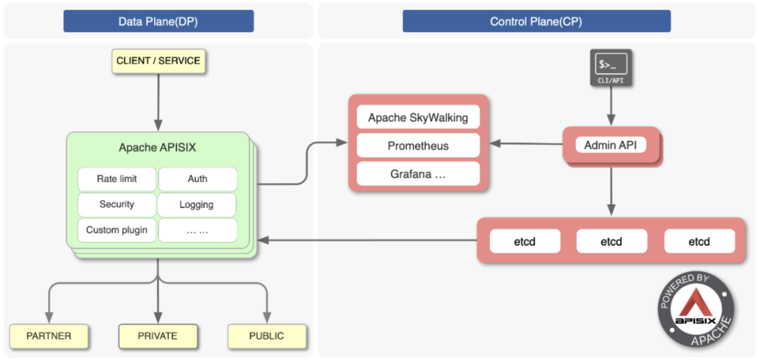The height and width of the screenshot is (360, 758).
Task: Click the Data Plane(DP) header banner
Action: (x=158, y=21)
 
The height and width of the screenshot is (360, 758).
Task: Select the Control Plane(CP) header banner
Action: (x=536, y=21)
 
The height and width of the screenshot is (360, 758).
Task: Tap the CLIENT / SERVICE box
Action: (x=158, y=61)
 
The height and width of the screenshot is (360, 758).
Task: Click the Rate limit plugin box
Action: (x=116, y=179)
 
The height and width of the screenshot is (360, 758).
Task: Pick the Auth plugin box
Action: (x=198, y=179)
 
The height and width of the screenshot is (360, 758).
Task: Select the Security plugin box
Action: (x=116, y=205)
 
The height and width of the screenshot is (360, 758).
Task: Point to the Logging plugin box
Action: (x=197, y=205)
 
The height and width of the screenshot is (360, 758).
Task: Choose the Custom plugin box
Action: (x=116, y=230)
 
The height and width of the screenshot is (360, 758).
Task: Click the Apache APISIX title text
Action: (x=157, y=147)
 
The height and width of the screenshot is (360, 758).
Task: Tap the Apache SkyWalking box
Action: (x=418, y=118)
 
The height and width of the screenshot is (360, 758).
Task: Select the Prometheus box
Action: (x=418, y=146)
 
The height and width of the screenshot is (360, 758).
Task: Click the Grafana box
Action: (x=418, y=174)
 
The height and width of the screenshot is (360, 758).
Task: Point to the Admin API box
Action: (x=610, y=145)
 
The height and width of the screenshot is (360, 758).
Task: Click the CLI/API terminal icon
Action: (x=611, y=68)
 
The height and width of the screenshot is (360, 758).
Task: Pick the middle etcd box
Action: (x=611, y=242)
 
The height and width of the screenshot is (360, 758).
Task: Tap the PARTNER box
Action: (x=49, y=336)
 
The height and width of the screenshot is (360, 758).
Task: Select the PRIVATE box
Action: (x=158, y=336)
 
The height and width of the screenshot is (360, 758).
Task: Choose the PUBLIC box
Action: (x=267, y=336)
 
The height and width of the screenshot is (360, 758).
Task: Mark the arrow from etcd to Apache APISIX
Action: (x=367, y=240)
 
